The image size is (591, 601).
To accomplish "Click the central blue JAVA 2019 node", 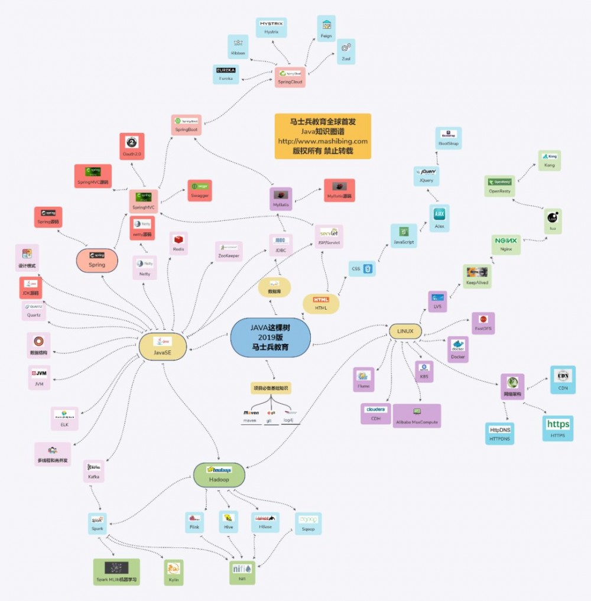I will coord(270,337).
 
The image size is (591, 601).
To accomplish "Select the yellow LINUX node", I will coord(405,331).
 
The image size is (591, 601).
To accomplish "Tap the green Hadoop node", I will coord(219,475).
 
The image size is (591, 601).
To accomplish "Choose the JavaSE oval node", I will coord(163,346).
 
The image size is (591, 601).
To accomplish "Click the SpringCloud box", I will coord(290,77).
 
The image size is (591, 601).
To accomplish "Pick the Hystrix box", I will coord(271,28).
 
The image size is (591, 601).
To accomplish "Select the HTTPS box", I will coord(557,428).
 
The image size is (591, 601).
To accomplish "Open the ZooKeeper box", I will coord(228,251).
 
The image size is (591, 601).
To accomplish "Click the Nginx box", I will coord(506,244).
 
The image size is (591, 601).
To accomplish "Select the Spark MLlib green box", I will coord(116,571).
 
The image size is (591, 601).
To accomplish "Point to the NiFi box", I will coord(242,572).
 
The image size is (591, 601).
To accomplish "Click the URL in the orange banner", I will coord(323,141).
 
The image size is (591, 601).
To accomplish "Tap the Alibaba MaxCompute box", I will coord(417,415).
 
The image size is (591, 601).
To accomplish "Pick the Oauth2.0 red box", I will coord(132,146).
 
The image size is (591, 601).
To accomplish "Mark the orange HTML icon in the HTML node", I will coord(321,300).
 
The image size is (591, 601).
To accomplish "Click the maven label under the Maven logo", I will coord(251,421).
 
